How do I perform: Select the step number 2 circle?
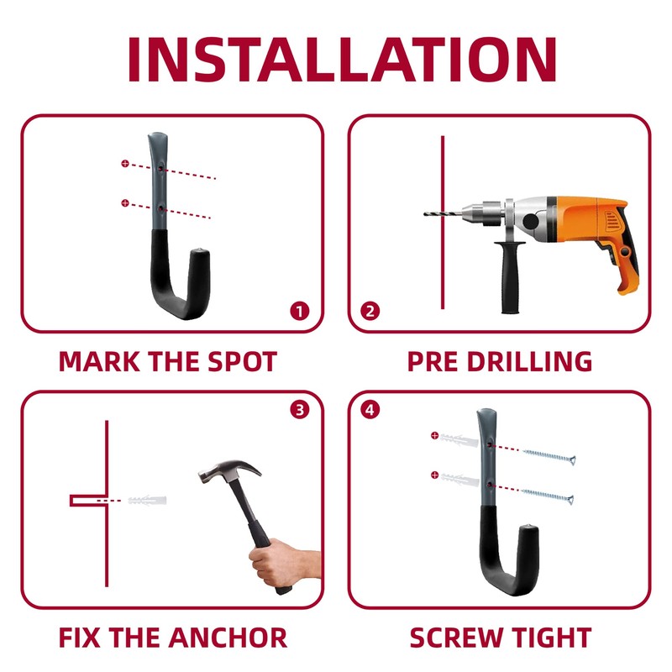pos(370,312)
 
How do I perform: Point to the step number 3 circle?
pos(300,410)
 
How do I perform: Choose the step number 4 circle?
pos(370,410)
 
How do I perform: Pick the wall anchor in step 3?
pos(147,501)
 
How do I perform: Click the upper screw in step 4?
pos(549,456)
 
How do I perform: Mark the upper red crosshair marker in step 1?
pos(125,163)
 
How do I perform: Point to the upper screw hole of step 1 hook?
pos(160,169)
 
